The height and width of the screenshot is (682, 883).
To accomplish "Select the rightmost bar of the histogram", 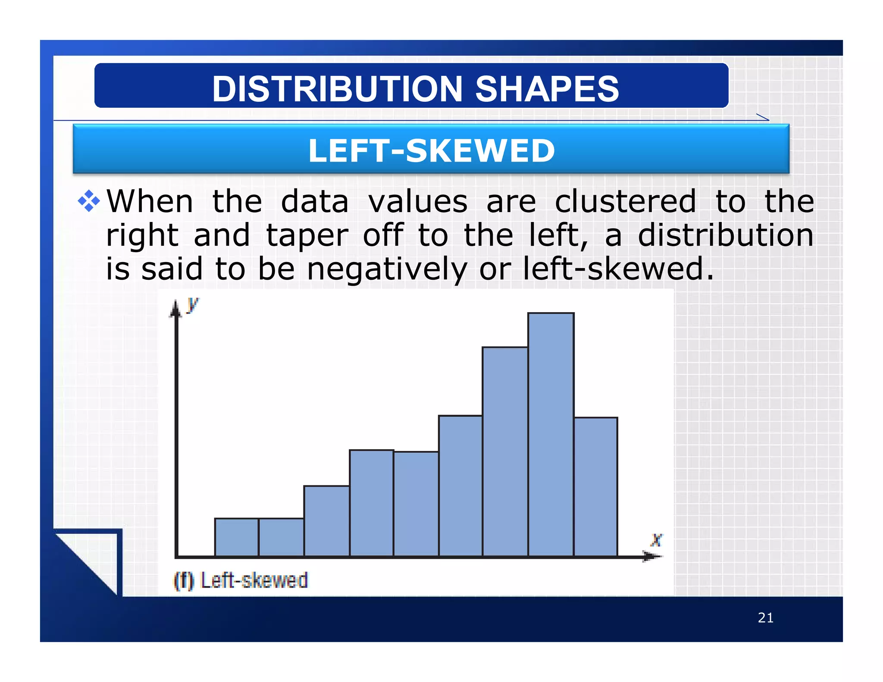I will [595, 487].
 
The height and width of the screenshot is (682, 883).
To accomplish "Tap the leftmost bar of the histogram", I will [236, 537].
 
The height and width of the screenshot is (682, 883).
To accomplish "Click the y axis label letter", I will [192, 304].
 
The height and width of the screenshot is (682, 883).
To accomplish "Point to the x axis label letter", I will [656, 539].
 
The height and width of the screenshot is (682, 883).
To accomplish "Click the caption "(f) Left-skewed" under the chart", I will [241, 580].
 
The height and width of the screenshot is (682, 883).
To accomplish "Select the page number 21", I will [765, 618].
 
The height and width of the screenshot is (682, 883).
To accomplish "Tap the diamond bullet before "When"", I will [89, 201].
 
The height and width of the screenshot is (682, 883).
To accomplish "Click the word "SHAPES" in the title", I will [547, 89].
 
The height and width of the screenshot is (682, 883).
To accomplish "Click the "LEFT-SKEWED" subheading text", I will [431, 150].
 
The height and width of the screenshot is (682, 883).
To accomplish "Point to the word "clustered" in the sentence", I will [625, 201].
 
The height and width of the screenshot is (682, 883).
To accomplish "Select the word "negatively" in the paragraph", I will [387, 269].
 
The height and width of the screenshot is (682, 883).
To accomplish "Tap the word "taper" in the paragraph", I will [307, 235].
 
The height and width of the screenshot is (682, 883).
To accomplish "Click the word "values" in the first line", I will [417, 201].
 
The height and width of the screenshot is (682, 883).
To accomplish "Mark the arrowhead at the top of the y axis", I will [175, 309].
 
